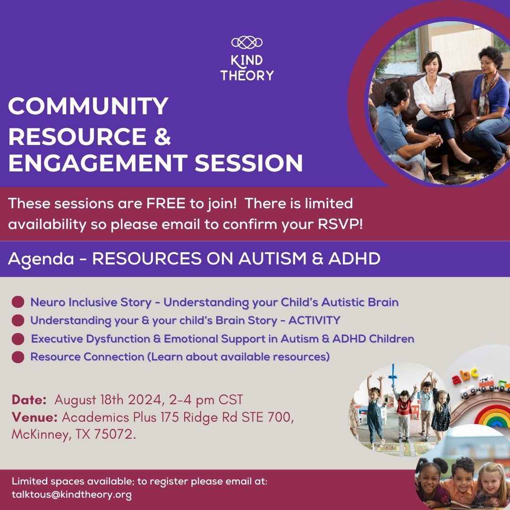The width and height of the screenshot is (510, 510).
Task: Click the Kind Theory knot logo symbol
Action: [x=247, y=42]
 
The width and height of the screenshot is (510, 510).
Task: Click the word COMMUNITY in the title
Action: [x=88, y=106]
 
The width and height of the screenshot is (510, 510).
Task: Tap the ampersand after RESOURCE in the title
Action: [x=162, y=136]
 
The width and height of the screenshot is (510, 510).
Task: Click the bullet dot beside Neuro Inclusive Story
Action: [x=18, y=302]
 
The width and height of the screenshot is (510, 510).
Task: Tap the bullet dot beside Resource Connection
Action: [x=18, y=357]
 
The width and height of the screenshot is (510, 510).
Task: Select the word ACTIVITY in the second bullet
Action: [x=314, y=320]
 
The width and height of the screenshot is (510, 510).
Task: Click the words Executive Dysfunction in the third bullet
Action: [x=90, y=339]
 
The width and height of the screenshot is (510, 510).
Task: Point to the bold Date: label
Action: [x=29, y=400]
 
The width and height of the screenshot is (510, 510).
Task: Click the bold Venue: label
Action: [x=34, y=417]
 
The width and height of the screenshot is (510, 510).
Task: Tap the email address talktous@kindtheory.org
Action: [x=72, y=495]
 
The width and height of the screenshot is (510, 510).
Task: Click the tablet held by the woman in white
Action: [x=441, y=112]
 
